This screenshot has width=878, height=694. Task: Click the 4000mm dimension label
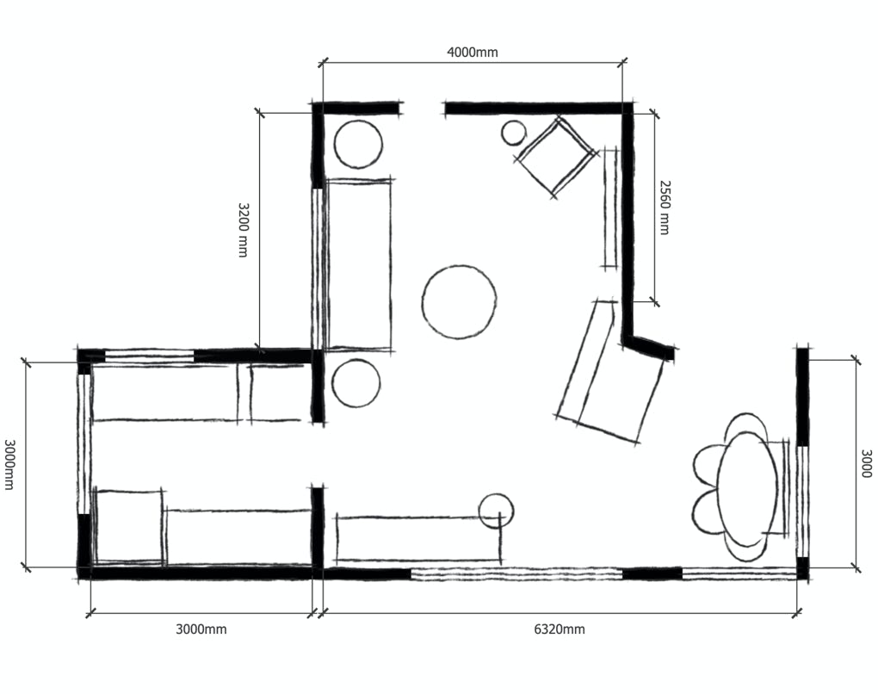click(472, 52)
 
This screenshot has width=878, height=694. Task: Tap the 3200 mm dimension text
click(243, 230)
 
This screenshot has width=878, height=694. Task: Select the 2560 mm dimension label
click(665, 208)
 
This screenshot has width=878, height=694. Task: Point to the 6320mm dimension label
click(559, 629)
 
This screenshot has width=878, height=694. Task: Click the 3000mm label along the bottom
click(201, 629)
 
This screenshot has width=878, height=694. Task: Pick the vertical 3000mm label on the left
click(9, 464)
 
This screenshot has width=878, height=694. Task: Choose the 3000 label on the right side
click(866, 463)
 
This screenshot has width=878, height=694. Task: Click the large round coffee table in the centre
click(459, 302)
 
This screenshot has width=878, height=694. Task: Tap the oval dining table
click(747, 489)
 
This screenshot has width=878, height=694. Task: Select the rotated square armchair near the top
click(555, 157)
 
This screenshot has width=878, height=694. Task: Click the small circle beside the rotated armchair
click(514, 133)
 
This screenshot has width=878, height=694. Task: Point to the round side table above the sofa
click(358, 144)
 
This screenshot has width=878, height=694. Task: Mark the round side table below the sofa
click(356, 383)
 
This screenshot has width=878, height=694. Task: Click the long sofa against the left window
click(358, 265)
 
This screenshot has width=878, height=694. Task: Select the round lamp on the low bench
click(496, 511)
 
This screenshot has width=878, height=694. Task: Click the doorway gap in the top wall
click(424, 108)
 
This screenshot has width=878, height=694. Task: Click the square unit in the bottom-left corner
click(130, 526)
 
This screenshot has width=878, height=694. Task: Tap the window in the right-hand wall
click(802, 501)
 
